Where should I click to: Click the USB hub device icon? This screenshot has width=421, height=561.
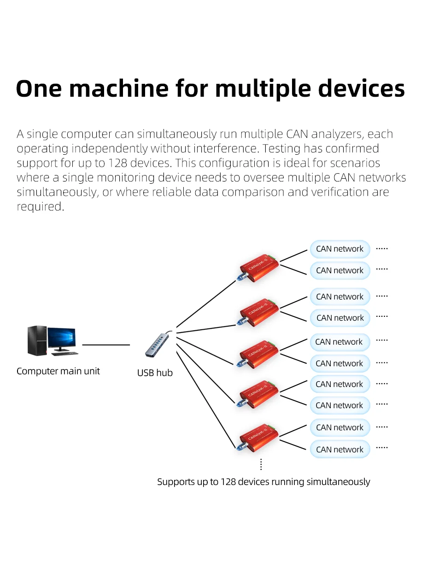pyautogui.click(x=158, y=344)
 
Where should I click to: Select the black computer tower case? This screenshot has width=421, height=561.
pyautogui.click(x=37, y=340)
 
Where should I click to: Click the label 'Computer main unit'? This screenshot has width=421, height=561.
pyautogui.click(x=58, y=371)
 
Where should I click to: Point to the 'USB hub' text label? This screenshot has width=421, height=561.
pyautogui.click(x=155, y=373)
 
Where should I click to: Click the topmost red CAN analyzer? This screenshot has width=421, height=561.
pyautogui.click(x=257, y=268)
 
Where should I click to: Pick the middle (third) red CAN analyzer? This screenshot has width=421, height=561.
pyautogui.click(x=257, y=354)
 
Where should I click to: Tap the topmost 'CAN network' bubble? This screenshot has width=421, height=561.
pyautogui.click(x=340, y=249)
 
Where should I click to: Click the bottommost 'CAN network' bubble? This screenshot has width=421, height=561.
pyautogui.click(x=340, y=450)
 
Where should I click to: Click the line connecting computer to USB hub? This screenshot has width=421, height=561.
pyautogui.click(x=106, y=345)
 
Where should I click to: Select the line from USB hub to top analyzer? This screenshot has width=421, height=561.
pyautogui.click(x=206, y=304)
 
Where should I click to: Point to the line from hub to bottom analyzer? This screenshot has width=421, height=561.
pyautogui.click(x=206, y=400)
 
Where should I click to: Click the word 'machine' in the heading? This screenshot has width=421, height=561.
pyautogui.click(x=118, y=88)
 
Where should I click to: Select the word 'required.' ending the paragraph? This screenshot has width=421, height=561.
pyautogui.click(x=41, y=207)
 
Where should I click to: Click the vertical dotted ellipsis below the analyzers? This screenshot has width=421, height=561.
pyautogui.click(x=261, y=464)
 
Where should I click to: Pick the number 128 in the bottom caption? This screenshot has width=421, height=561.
pyautogui.click(x=228, y=482)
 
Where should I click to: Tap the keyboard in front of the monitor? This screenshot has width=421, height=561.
pyautogui.click(x=65, y=354)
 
